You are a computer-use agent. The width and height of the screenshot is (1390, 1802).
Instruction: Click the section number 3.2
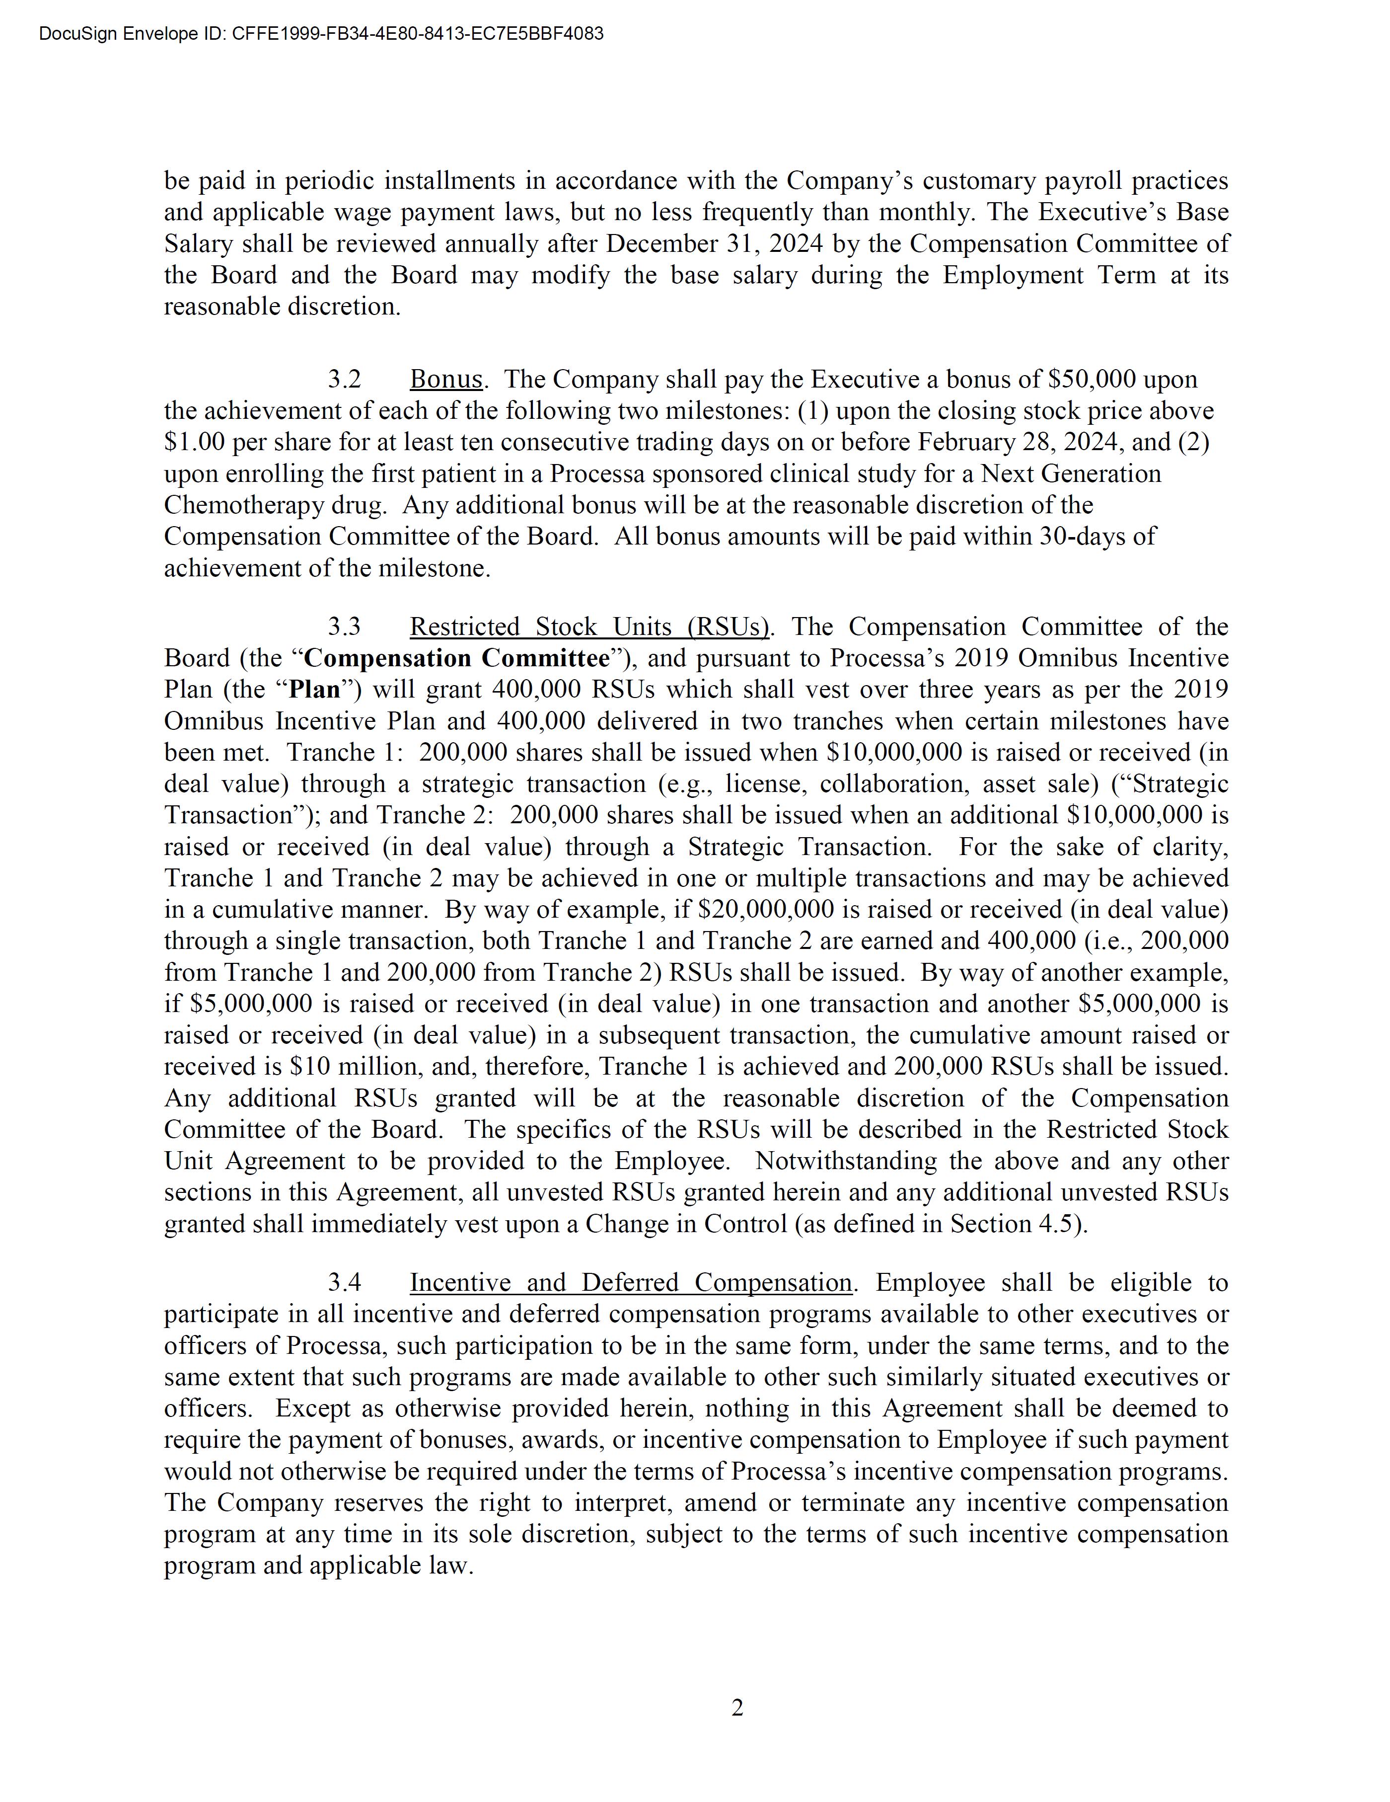pos(344,380)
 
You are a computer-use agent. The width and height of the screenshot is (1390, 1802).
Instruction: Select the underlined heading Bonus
pos(445,380)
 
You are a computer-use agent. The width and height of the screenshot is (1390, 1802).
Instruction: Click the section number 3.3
pos(344,627)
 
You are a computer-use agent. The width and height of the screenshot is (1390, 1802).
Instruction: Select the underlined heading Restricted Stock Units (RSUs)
pos(589,627)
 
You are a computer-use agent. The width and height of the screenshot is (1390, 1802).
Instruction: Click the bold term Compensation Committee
pos(456,658)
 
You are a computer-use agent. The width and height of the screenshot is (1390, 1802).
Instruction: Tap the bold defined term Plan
pos(314,690)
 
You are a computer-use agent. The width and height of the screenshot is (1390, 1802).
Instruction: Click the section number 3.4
pos(344,1283)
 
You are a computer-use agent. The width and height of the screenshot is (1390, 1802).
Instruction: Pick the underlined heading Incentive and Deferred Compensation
pos(630,1283)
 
